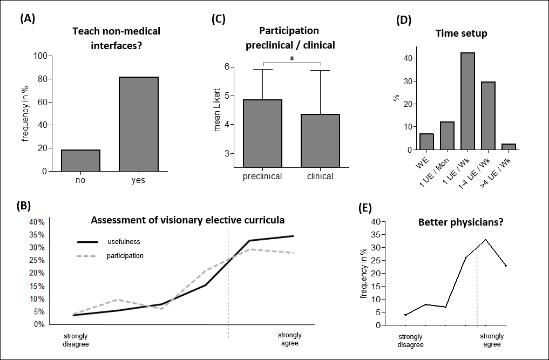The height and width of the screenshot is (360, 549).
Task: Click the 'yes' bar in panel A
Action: click(139, 124)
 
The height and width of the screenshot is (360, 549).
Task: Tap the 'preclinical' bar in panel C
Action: click(263, 134)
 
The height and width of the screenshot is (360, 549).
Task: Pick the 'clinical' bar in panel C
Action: click(320, 141)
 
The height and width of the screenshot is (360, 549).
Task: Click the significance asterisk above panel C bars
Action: click(292, 58)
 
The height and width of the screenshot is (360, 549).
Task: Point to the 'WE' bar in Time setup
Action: click(426, 141)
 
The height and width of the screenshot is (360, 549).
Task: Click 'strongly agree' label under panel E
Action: click(492, 341)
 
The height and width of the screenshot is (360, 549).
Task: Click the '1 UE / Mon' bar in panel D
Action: click(446, 135)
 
